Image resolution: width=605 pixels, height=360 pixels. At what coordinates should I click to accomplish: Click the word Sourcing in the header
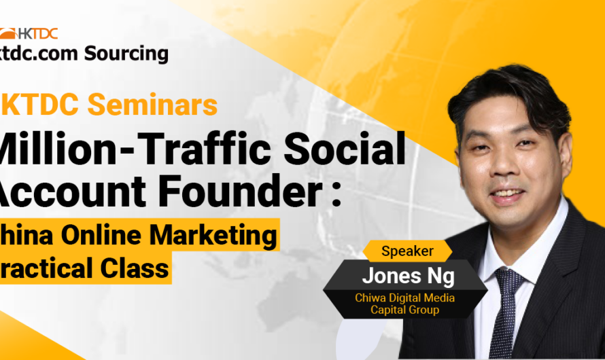click(126, 53)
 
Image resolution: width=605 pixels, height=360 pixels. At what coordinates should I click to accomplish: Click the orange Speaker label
click(407, 251)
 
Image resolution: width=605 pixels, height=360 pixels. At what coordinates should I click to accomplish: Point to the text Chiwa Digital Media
click(404, 297)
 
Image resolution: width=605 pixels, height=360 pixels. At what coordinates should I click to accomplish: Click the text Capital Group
click(404, 310)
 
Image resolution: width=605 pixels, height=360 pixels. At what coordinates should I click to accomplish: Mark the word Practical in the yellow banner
click(41, 268)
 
